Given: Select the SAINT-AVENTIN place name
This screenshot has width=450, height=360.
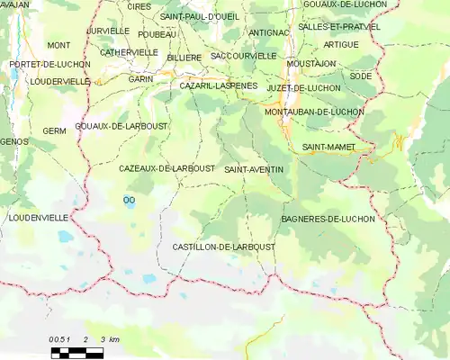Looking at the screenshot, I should tap(254, 169).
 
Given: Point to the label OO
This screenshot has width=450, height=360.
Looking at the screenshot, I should tap(129, 200).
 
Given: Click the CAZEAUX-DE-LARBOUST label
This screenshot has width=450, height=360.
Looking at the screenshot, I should tap(166, 168).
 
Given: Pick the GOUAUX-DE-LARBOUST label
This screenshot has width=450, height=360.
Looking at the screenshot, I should tap(121, 126).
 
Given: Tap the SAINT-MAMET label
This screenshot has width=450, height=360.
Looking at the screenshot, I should tap(328, 147).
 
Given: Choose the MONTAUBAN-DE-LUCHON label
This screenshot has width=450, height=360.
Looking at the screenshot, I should tap(314, 112).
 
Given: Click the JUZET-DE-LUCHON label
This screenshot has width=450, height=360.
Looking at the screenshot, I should tap(303, 88).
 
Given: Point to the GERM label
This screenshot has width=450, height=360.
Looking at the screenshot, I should tap(54, 131).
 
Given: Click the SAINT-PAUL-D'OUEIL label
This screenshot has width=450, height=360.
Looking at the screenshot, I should tap(200, 17).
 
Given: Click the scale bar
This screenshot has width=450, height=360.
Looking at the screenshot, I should tap(76, 352).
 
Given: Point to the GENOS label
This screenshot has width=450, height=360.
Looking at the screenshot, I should tap(15, 142).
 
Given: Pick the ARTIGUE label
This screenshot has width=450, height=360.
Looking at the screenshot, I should tap(341, 44).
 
